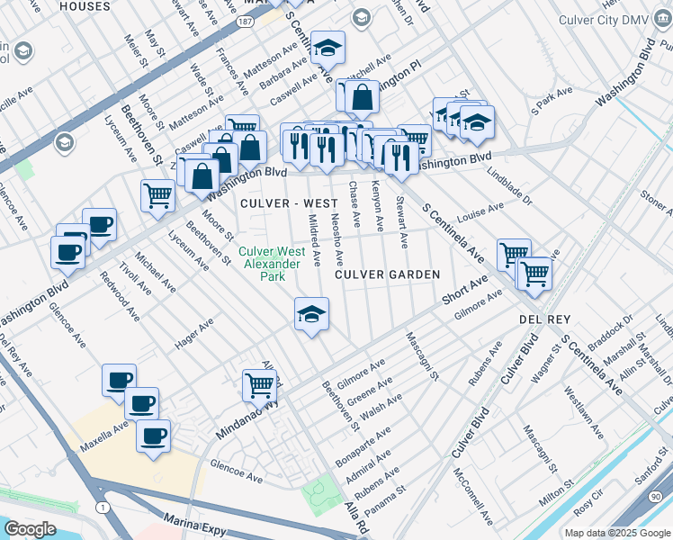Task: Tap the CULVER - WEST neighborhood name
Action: pyautogui.click(x=276, y=203)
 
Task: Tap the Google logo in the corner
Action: pyautogui.click(x=30, y=528)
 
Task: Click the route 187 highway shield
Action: pyautogui.click(x=245, y=20)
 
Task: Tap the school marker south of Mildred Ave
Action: pyautogui.click(x=311, y=315)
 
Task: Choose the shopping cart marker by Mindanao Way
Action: pyautogui.click(x=259, y=384)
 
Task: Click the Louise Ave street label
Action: pyautogui.click(x=480, y=214)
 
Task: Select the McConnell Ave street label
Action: pyautogui.click(x=473, y=495)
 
